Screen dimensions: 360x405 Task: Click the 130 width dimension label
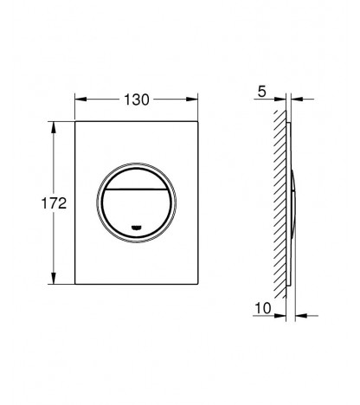(x=137, y=100)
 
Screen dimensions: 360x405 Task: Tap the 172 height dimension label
(x=54, y=203)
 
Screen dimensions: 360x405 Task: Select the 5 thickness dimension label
(x=262, y=92)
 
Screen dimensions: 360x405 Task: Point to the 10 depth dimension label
(x=263, y=308)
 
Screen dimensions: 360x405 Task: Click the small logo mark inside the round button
(x=136, y=228)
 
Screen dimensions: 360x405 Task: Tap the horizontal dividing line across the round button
(x=136, y=190)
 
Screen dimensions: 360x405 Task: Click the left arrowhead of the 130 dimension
(x=80, y=100)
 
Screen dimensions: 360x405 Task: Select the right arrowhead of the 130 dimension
(x=192, y=100)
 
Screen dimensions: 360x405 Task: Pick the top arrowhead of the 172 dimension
(x=54, y=127)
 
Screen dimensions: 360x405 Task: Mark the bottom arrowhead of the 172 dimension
(x=54, y=279)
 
